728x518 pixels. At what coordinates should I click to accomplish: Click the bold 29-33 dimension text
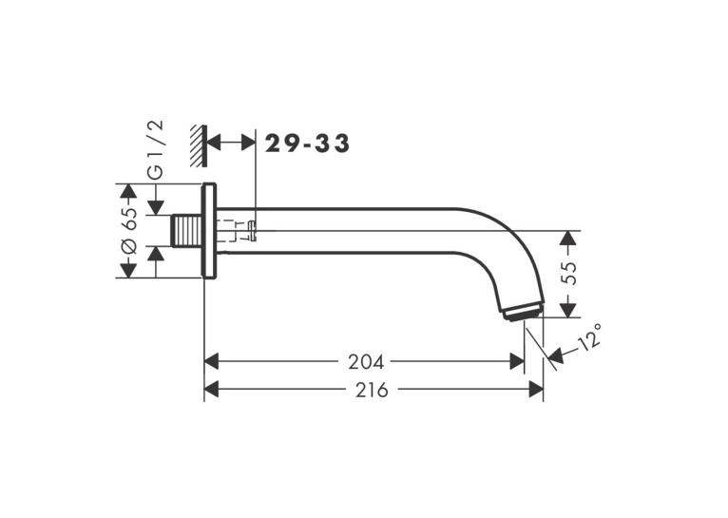click(307, 144)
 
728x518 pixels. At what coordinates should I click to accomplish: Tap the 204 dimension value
click(366, 362)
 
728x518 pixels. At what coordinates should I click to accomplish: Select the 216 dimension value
click(372, 391)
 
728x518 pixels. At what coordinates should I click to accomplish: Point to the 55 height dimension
click(568, 273)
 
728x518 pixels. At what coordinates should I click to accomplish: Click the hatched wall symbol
click(199, 146)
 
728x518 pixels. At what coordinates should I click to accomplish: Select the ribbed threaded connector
click(187, 231)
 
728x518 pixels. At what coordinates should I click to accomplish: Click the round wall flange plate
click(209, 231)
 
